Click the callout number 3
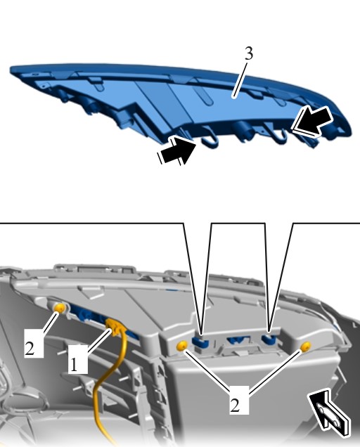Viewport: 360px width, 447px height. click(249, 53)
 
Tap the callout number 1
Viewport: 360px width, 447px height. click(74, 364)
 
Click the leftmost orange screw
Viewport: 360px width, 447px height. click(60, 308)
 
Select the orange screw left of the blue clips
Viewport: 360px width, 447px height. click(181, 346)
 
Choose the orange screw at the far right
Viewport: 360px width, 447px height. click(306, 346)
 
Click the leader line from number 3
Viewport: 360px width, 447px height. click(239, 79)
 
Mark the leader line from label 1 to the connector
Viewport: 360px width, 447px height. click(99, 343)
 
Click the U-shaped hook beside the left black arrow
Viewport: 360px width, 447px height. click(209, 142)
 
